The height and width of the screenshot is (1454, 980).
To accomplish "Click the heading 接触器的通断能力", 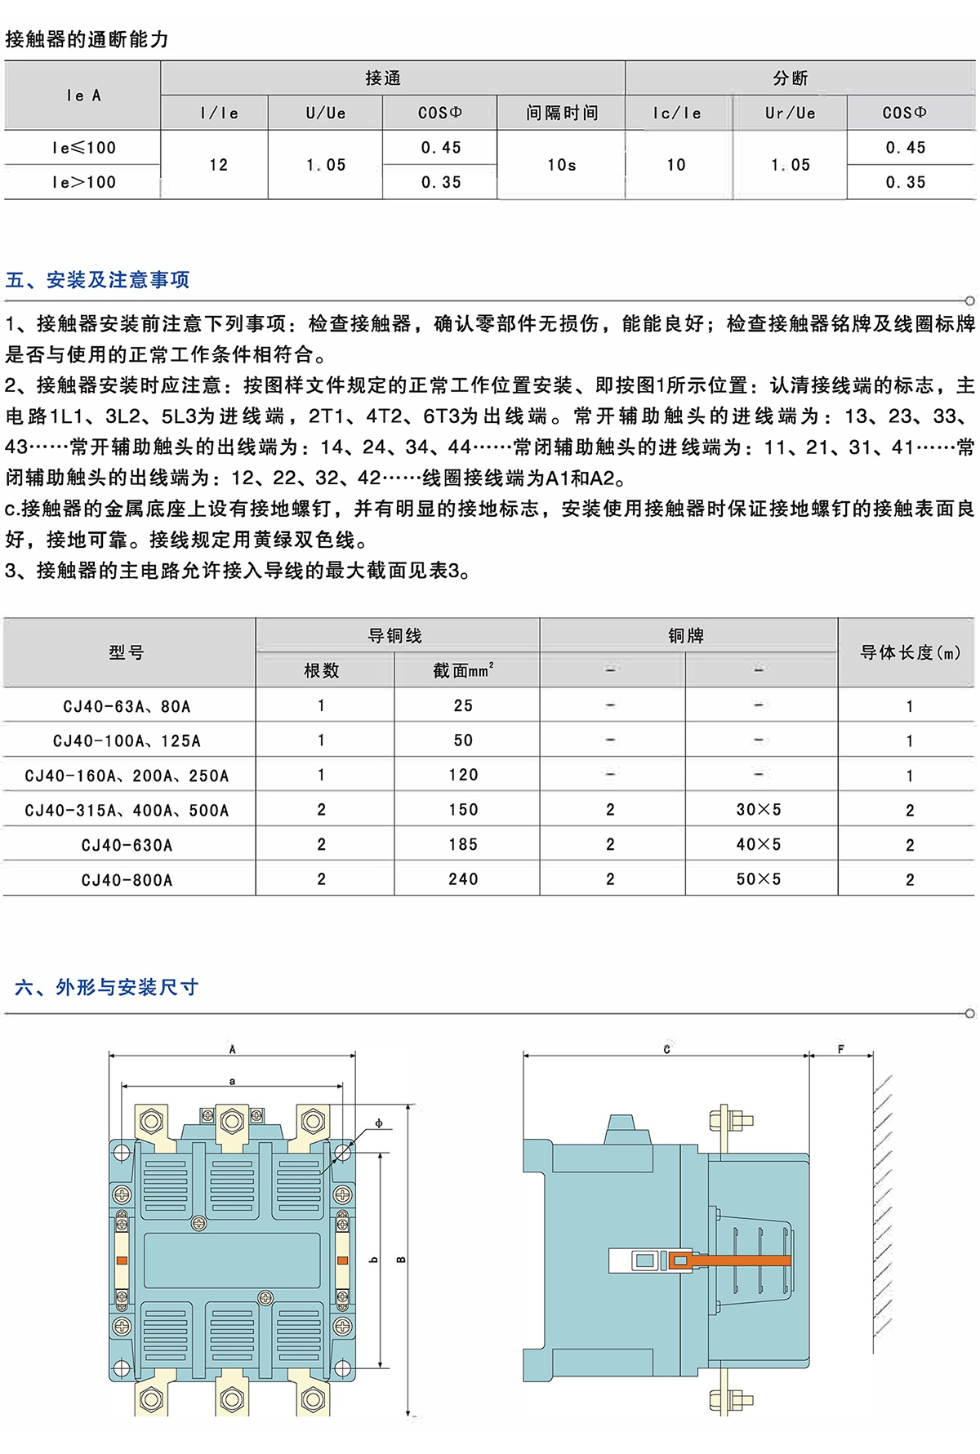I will click(x=87, y=39).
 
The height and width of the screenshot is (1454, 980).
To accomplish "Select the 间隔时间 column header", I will click(x=562, y=113).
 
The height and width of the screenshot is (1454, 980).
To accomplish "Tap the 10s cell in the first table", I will click(x=562, y=165).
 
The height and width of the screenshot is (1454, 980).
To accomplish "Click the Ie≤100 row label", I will click(x=83, y=148).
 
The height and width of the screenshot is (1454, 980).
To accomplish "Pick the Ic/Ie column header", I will click(x=677, y=113).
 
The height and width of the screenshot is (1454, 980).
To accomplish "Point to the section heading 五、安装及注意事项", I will click(x=97, y=280).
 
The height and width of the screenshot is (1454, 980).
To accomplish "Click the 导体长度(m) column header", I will click(x=909, y=652).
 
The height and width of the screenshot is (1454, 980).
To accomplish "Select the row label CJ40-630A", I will click(x=127, y=845).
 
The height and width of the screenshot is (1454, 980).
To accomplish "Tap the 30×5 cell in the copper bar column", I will click(x=759, y=810).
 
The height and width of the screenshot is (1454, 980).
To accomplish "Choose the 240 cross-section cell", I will click(x=463, y=879).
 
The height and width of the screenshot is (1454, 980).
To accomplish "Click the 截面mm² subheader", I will click(x=463, y=670).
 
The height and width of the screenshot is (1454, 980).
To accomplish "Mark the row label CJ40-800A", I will click(x=127, y=880).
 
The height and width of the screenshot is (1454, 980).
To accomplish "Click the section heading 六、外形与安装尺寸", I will click(x=107, y=987).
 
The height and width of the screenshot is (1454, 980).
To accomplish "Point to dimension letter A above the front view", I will click(x=233, y=1049).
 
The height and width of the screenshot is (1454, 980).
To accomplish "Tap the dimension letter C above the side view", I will click(x=666, y=1049).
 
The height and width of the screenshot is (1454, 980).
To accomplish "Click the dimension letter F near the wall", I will click(x=840, y=1049).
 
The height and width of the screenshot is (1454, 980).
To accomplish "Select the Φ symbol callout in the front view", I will click(x=378, y=1123).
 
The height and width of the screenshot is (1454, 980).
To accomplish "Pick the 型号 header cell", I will click(x=127, y=652).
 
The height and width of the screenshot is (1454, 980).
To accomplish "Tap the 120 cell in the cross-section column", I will click(x=463, y=775).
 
